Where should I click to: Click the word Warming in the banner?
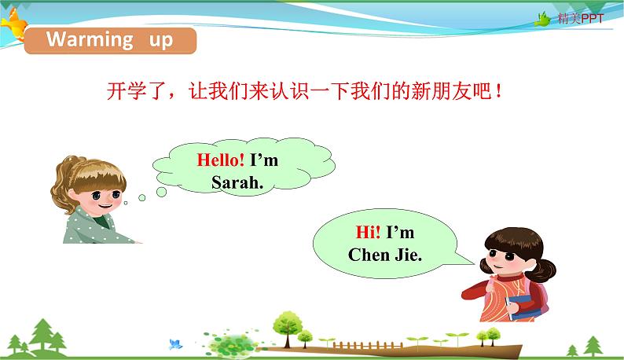pyautogui.click(x=89, y=40)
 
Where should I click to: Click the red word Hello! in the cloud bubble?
pyautogui.click(x=221, y=160)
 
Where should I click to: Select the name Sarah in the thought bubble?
pyautogui.click(x=233, y=182)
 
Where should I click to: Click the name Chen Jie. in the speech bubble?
pyautogui.click(x=385, y=255)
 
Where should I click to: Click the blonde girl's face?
pyautogui.click(x=101, y=192)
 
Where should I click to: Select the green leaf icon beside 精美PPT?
pyautogui.click(x=543, y=19)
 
